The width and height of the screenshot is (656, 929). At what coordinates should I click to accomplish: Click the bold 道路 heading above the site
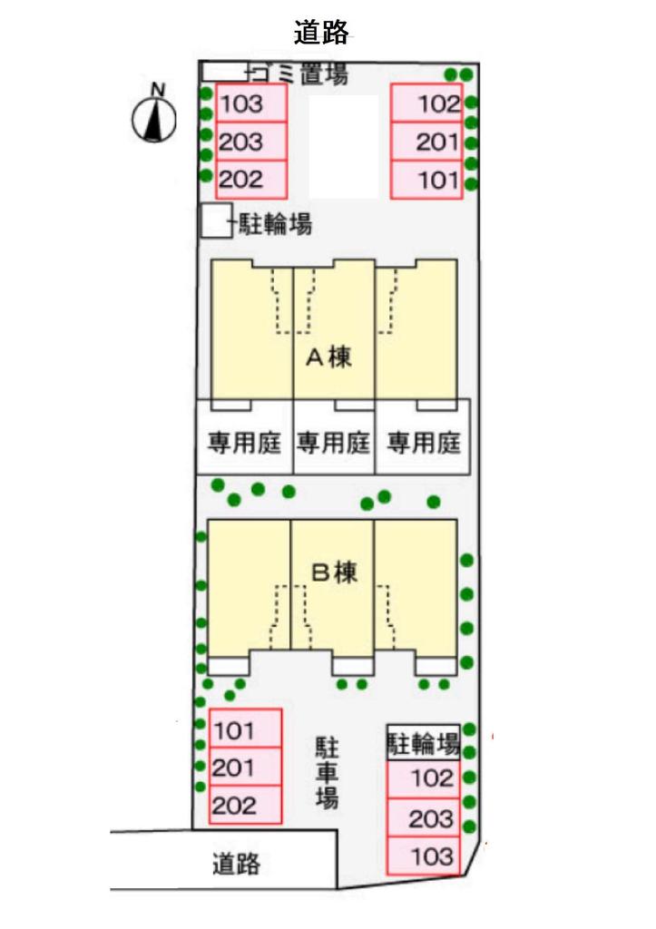(x=322, y=32)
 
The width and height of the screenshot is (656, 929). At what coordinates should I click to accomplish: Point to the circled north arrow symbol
(x=156, y=117)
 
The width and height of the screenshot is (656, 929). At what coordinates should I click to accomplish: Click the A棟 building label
(x=328, y=357)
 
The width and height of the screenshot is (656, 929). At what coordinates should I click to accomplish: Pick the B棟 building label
(x=335, y=572)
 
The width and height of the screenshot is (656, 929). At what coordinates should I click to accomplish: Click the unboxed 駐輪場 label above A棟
(x=275, y=224)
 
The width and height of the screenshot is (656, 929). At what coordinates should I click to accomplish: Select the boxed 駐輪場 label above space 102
(x=422, y=746)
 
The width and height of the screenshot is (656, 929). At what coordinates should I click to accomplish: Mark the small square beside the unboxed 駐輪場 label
(x=215, y=221)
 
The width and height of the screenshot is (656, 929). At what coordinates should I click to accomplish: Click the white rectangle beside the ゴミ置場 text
(x=223, y=70)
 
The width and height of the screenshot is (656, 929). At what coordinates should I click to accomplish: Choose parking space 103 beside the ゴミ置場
(x=251, y=103)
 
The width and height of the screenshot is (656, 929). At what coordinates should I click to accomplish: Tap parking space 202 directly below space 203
(x=251, y=180)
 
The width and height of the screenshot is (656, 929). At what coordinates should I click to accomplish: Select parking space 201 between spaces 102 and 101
(x=427, y=142)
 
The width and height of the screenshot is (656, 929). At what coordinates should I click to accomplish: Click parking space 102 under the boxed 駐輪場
(x=424, y=778)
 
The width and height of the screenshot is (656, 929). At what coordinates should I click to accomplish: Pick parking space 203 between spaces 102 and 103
(x=424, y=819)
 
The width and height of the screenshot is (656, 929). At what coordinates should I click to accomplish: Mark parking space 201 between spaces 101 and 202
(x=245, y=768)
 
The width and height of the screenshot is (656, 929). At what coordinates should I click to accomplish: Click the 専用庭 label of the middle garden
(x=334, y=444)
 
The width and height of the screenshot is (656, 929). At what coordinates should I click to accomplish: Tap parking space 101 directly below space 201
(x=427, y=180)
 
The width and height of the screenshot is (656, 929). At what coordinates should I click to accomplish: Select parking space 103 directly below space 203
(x=424, y=856)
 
